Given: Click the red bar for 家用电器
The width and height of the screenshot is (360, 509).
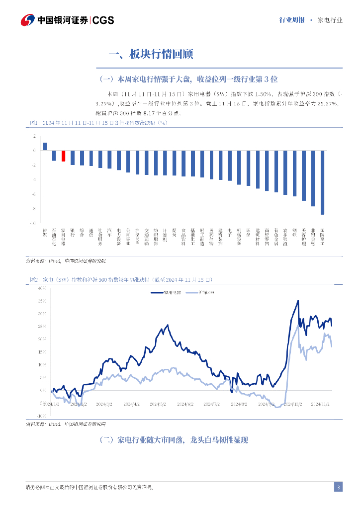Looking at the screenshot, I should [x=63, y=156].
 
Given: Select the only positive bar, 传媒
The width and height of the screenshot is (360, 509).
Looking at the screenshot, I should [x=45, y=146].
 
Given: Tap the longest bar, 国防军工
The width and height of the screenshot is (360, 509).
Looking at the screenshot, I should [x=322, y=182].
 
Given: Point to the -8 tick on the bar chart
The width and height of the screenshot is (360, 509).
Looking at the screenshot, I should [x=34, y=209].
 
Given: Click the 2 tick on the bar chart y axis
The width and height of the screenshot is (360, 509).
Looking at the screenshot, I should [x=34, y=136].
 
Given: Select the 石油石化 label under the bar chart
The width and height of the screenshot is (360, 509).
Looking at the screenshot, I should [x=54, y=235].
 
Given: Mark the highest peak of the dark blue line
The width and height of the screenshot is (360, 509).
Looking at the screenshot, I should [x=298, y=301].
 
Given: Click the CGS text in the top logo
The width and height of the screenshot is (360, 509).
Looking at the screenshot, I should [x=103, y=20].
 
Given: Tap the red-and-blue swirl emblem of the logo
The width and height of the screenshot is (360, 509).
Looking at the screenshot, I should [x=27, y=20].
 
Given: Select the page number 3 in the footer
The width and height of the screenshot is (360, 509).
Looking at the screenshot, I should [x=338, y=487].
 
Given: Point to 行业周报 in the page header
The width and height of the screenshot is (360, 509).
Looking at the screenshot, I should [x=292, y=20].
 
